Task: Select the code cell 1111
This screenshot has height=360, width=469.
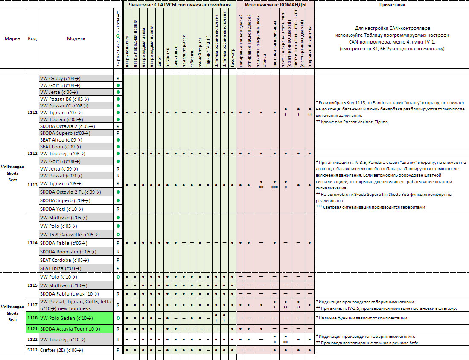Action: coord(32,113)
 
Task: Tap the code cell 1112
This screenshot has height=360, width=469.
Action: coord(32,153)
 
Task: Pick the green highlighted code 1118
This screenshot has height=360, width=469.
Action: coord(32,318)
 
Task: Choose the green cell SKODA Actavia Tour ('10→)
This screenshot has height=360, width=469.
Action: coord(70,329)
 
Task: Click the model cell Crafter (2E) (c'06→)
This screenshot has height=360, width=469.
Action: coord(61,350)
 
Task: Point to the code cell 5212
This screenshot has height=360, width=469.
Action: coord(32,350)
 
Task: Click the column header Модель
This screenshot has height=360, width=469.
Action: coord(76,38)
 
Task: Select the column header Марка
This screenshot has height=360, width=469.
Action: coord(12,38)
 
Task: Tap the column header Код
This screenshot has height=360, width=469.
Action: coord(32,38)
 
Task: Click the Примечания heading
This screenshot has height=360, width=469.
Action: coord(392,5)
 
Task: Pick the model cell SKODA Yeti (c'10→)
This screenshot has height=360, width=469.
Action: coord(61,209)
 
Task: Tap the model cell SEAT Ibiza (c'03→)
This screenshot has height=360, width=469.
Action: coord(61,268)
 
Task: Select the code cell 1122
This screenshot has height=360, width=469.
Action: coord(32,340)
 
